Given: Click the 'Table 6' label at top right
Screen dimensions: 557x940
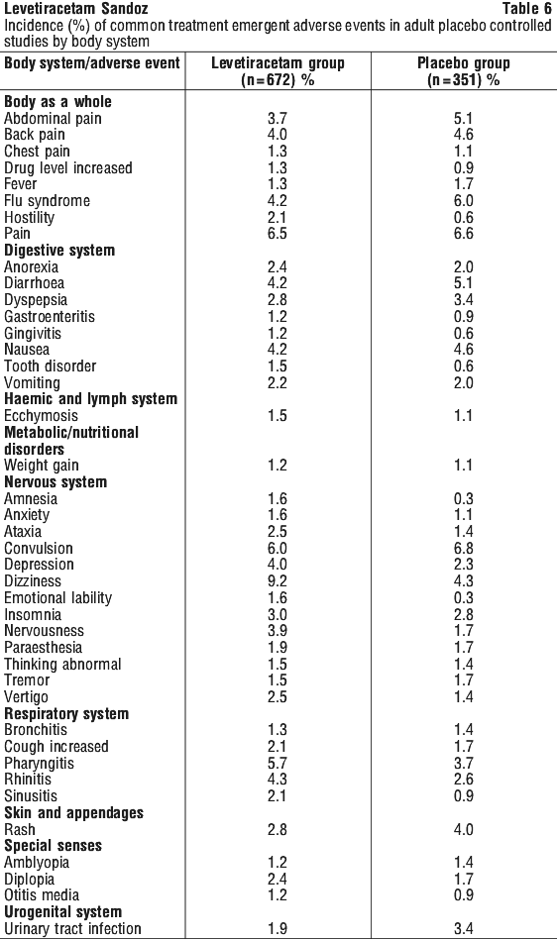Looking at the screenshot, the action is coord(526,8).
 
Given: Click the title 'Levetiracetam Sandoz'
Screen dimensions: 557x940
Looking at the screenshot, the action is coord(76,8).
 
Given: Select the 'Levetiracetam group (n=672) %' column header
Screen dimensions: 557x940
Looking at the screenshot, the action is coord(278,71).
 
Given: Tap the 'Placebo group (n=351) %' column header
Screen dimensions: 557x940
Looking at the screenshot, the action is coord(464,71).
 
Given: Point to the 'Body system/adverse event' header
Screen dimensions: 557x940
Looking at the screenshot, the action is coord(92,63).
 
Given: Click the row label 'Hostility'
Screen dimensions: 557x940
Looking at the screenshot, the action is coord(30,217).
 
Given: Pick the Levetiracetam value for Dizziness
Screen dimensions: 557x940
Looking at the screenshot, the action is coord(278,580).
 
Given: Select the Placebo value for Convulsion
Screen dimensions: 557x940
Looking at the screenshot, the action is coord(464,549).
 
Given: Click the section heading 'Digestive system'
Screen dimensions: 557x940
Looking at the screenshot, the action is coord(59,251).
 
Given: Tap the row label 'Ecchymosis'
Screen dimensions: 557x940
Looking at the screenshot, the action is coord(41,416).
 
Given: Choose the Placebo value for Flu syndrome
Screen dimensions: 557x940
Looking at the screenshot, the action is coord(464,201).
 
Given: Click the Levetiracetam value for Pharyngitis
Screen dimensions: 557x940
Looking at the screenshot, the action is coord(278,763).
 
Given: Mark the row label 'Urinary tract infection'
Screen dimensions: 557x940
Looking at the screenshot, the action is coord(72,929).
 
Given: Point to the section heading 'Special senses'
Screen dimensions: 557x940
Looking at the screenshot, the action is coord(53,846).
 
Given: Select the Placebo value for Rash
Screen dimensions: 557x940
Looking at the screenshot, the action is coord(464,830).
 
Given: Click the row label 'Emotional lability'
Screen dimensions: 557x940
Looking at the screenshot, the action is coord(58,597).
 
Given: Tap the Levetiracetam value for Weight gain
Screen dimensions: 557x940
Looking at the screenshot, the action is coord(278,466).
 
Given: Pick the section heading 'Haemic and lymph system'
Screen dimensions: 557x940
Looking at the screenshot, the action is coord(90,399).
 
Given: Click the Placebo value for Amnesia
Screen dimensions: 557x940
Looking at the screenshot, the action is coord(464,499).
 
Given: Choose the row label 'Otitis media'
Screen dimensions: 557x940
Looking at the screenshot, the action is coord(42,895).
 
